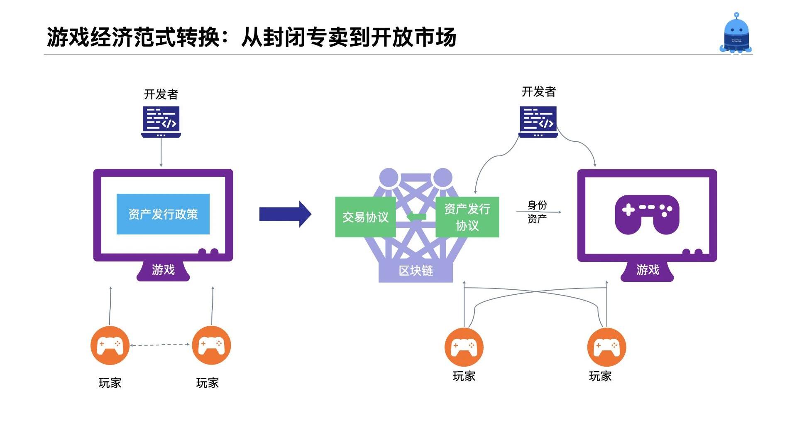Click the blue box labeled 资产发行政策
[x=163, y=214]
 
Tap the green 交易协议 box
[x=365, y=217]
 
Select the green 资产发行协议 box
[x=467, y=217]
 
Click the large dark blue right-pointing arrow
[x=285, y=214]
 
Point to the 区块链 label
[x=416, y=271]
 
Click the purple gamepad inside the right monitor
[x=647, y=214]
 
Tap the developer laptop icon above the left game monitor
[x=161, y=122]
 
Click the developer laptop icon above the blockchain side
[x=538, y=122]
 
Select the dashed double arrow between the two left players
[x=160, y=345]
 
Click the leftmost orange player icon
[x=110, y=346]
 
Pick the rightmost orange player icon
[x=606, y=347]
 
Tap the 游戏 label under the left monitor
[x=163, y=270]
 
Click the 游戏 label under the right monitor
[x=648, y=270]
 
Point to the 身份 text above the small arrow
[x=537, y=205]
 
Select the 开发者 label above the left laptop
[x=161, y=94]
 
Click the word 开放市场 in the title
[x=413, y=37]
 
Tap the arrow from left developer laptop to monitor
[x=161, y=153]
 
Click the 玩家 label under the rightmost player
[x=600, y=376]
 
